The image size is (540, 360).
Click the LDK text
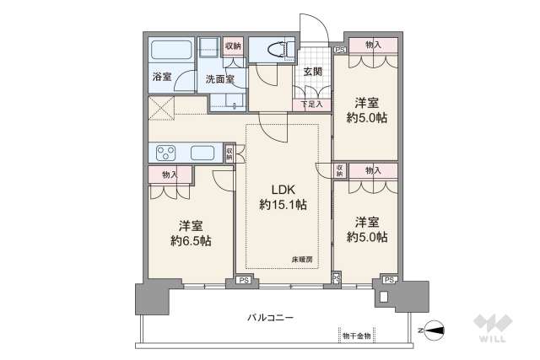coord(283,189)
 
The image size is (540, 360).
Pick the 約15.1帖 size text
coord(283,205)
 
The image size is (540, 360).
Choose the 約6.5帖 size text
coord(189,240)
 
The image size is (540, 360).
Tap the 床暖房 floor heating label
coord(302,259)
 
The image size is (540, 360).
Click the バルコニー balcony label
coord(270,317)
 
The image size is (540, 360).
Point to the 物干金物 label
coord(357,336)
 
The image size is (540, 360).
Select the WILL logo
coord(493,329)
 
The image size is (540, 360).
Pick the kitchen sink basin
coord(203,153)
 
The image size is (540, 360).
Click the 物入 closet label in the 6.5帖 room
coord(168,174)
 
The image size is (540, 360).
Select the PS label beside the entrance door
coord(340,50)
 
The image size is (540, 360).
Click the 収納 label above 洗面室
coord(233,46)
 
